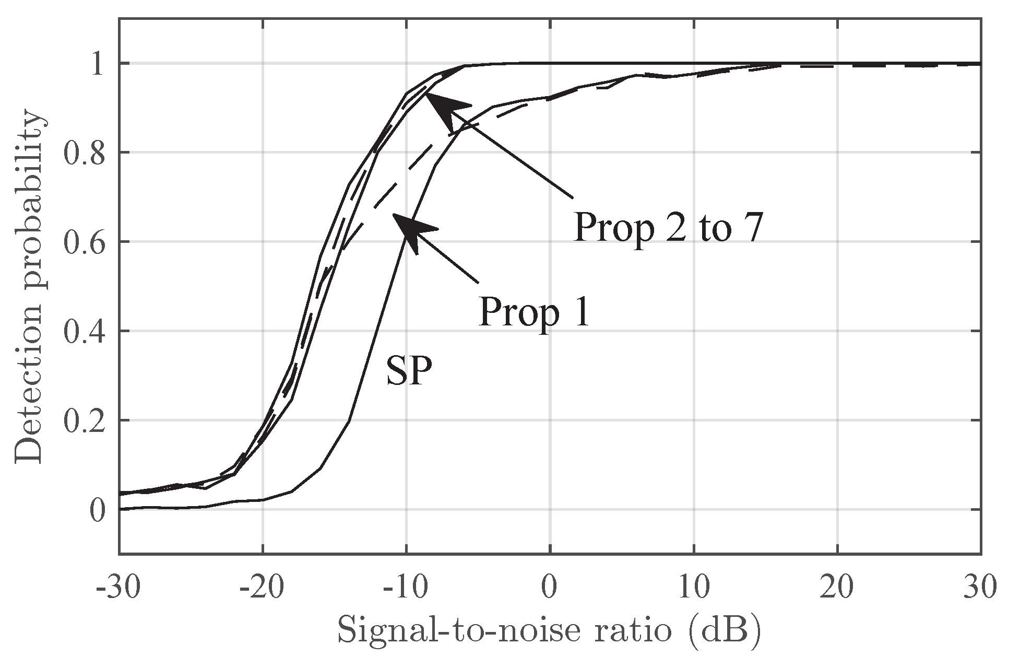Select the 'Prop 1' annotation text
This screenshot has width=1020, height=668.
point(534,312)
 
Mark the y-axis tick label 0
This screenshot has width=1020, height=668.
point(98,510)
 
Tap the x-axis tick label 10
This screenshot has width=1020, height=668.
point(694,588)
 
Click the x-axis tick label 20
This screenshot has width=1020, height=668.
point(838,588)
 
